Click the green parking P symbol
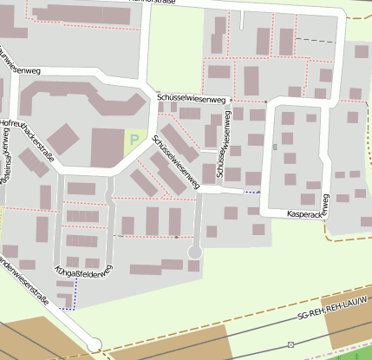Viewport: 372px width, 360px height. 133,138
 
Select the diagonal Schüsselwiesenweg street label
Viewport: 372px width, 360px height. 175,162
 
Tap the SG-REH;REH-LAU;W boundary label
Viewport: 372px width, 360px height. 332,307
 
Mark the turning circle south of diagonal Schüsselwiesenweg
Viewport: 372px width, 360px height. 195,252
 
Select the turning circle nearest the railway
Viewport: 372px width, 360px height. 95,344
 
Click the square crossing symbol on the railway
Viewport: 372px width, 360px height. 290,344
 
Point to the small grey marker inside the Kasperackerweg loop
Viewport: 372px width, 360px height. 275,147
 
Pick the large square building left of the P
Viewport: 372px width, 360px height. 107,147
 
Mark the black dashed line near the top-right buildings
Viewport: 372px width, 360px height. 317,40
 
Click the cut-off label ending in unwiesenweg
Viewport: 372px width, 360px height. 19,61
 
